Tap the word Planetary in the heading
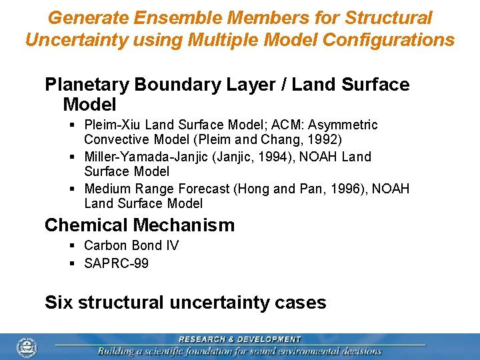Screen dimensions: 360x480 pos(87,85)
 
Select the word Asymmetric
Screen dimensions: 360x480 pos(347,125)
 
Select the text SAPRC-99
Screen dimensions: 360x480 pos(117,263)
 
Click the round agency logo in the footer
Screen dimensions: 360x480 pos(27,347)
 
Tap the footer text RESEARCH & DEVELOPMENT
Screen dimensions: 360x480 pos(239,339)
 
